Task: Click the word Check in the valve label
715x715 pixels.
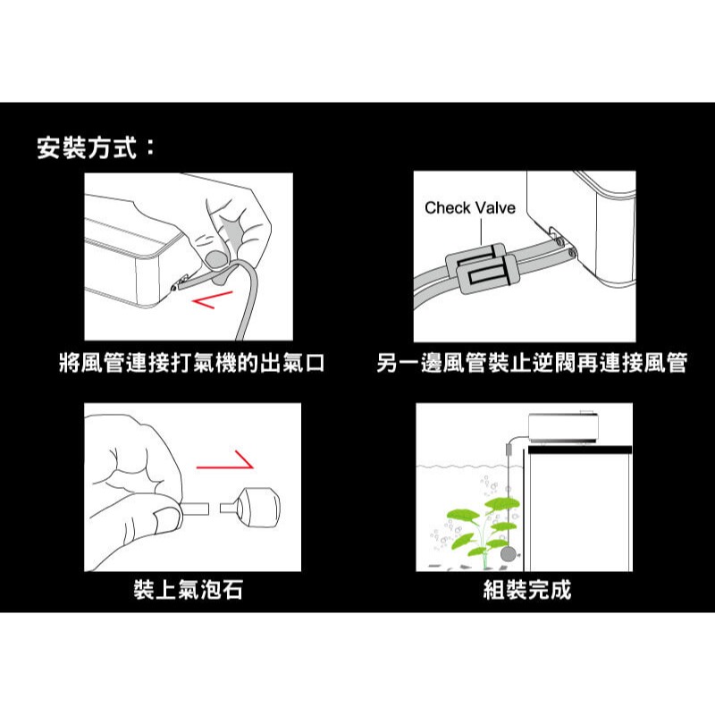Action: [447, 208]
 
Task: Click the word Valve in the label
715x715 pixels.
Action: [495, 208]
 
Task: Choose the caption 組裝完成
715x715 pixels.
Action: [526, 591]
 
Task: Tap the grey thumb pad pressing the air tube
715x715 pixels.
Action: [215, 259]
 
